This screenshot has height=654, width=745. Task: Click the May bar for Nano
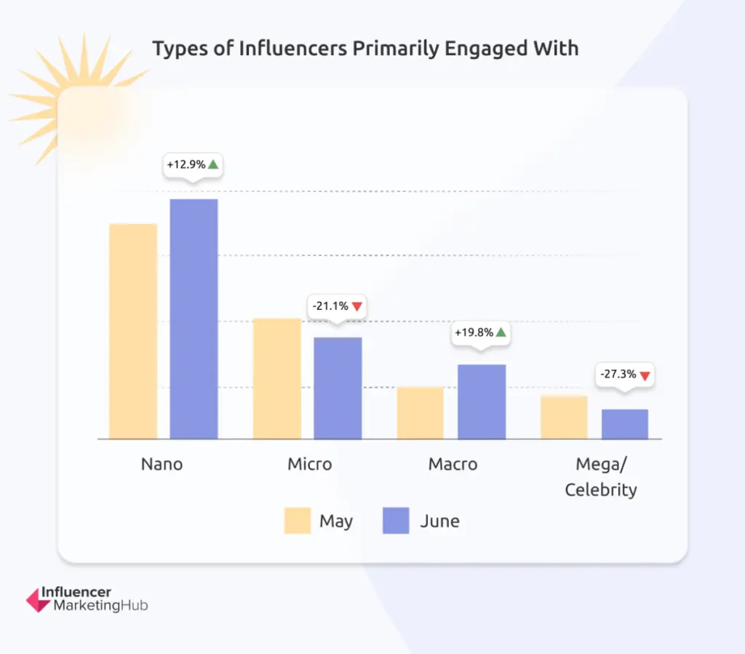[133, 331]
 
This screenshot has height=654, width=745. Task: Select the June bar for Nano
[194, 319]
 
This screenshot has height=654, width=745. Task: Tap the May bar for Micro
[277, 378]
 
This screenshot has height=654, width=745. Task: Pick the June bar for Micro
[338, 388]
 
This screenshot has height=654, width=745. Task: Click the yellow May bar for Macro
[421, 412]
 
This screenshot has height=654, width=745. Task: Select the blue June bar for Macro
[482, 402]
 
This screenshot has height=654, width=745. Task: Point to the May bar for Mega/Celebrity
[564, 417]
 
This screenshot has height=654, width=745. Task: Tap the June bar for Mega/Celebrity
[625, 424]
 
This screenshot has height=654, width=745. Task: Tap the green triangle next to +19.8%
[501, 332]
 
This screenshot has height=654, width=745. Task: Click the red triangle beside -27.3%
[644, 376]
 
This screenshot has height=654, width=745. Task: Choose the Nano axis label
[162, 464]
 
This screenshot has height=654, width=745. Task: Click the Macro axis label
[453, 464]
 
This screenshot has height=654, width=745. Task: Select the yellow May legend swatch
[298, 521]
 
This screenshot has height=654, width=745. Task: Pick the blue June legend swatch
[396, 521]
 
